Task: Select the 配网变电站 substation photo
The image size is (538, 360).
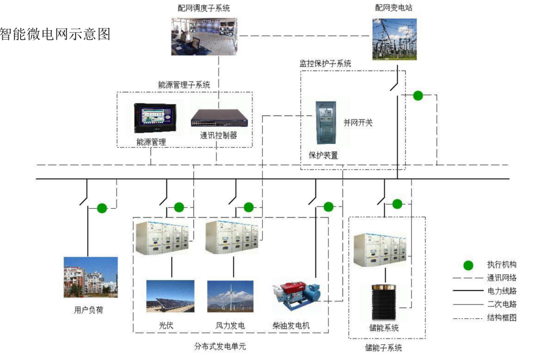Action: (394, 39)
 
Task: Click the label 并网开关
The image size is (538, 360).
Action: (357, 122)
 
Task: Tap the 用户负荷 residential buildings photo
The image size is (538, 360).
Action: (90, 277)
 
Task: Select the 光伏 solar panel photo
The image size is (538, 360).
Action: (170, 296)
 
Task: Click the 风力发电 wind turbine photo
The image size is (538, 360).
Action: (230, 296)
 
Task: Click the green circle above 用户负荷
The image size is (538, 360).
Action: (102, 208)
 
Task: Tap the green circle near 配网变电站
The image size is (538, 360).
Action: (417, 95)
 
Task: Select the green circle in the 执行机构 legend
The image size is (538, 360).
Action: (468, 265)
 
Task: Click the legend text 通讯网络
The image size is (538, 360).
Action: (501, 278)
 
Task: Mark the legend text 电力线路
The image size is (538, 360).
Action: (501, 291)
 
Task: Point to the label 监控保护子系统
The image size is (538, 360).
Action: (325, 63)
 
